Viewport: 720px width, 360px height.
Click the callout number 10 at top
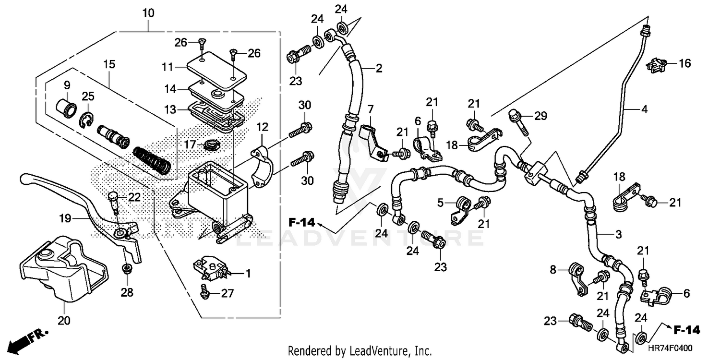point(148,13)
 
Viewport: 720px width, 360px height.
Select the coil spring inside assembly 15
point(152,161)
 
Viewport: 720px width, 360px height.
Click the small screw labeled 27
point(204,292)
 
